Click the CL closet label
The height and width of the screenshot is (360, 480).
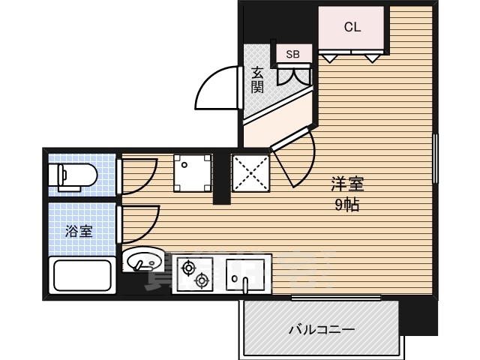pos(352,27)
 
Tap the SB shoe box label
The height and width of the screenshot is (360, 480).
pos(293,54)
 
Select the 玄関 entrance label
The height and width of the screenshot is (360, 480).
pos(257,79)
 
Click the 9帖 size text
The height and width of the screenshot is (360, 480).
pos(346,205)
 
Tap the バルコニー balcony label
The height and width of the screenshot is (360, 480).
pos(322,329)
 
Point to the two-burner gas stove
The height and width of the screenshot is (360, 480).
pos(194,274)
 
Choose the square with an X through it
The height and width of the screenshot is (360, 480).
pos(249,172)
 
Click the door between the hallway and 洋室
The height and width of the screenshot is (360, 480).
pos(294,159)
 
